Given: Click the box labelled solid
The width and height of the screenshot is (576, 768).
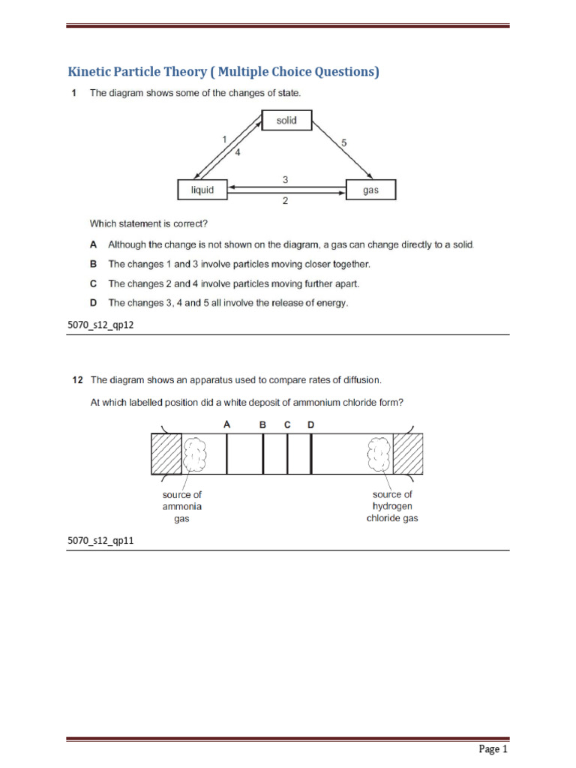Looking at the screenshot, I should click(x=286, y=121).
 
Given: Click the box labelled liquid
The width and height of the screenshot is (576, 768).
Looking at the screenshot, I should click(x=202, y=190).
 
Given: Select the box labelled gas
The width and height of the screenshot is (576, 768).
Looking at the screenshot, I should click(x=370, y=190).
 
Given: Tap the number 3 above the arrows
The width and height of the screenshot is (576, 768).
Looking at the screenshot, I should click(x=285, y=179).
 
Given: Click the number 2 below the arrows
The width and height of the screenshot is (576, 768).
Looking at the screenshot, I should click(x=285, y=202).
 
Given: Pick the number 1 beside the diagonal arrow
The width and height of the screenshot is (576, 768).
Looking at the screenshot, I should click(x=223, y=139).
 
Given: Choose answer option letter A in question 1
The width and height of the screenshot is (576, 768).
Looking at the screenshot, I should click(x=94, y=244).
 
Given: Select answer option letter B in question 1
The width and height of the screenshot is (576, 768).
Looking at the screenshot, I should click(x=94, y=264).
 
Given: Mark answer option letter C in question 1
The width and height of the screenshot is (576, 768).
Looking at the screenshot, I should click(x=94, y=283).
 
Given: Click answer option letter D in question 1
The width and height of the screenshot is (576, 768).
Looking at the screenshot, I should click(x=94, y=303).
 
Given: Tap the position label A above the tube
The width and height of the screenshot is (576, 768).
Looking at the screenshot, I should click(x=226, y=424).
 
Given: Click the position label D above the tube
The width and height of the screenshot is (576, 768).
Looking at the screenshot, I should click(x=311, y=424).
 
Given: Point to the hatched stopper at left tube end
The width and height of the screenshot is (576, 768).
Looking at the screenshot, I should click(x=166, y=454).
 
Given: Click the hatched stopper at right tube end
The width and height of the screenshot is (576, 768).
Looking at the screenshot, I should click(x=408, y=454).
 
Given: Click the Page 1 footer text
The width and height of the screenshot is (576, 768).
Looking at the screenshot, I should click(x=493, y=749).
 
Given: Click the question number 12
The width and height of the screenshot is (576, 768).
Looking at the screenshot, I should click(x=77, y=380).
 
